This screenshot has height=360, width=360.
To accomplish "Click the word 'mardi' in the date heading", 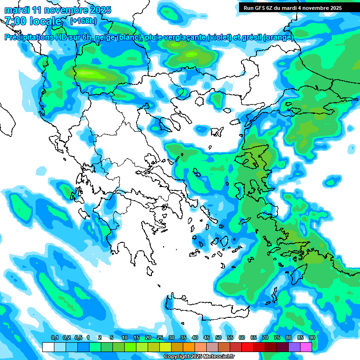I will click(x=17, y=10).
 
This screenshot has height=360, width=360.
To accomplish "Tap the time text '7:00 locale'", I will click(x=33, y=21).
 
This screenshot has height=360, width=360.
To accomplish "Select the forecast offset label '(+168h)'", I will click(x=83, y=21).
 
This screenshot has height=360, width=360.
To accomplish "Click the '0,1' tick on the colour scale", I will click(x=54, y=338).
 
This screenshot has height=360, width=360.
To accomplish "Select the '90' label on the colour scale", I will click(x=312, y=338).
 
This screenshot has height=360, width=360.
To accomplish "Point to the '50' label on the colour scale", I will click(x=218, y=338).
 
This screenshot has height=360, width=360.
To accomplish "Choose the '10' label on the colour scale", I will click(x=125, y=338).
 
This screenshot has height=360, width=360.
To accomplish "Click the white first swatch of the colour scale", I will click(x=48, y=347).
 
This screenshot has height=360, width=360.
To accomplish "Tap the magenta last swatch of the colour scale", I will click(x=306, y=347).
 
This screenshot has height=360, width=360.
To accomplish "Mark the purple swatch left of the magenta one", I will click(x=294, y=347).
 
